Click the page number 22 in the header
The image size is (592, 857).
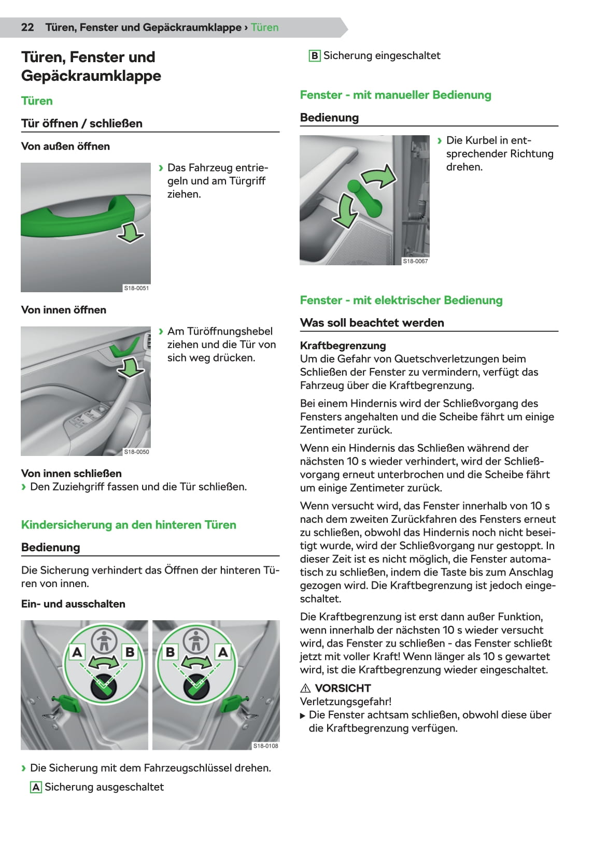click(x=27, y=27)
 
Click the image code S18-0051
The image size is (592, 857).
click(x=136, y=288)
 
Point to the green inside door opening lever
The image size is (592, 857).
click(x=124, y=348)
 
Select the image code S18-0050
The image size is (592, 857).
click(x=136, y=452)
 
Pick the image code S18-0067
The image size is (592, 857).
click(x=415, y=261)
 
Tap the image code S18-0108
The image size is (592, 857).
click(x=265, y=746)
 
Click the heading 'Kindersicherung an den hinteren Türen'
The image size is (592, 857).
click(x=129, y=525)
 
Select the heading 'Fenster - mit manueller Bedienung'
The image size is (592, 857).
click(x=396, y=95)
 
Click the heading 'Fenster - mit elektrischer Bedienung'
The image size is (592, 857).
click(x=401, y=300)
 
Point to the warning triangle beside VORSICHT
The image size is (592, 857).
click(x=305, y=689)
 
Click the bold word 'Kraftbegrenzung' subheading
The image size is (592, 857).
click(x=343, y=346)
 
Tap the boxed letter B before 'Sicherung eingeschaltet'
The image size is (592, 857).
click(x=314, y=56)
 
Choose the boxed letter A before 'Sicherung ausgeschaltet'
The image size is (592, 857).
click(x=36, y=788)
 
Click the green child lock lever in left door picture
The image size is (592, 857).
click(x=69, y=703)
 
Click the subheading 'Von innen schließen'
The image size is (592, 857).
click(x=72, y=474)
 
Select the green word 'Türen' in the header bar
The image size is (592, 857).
click(x=264, y=27)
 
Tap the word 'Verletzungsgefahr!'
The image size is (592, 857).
click(x=346, y=702)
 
